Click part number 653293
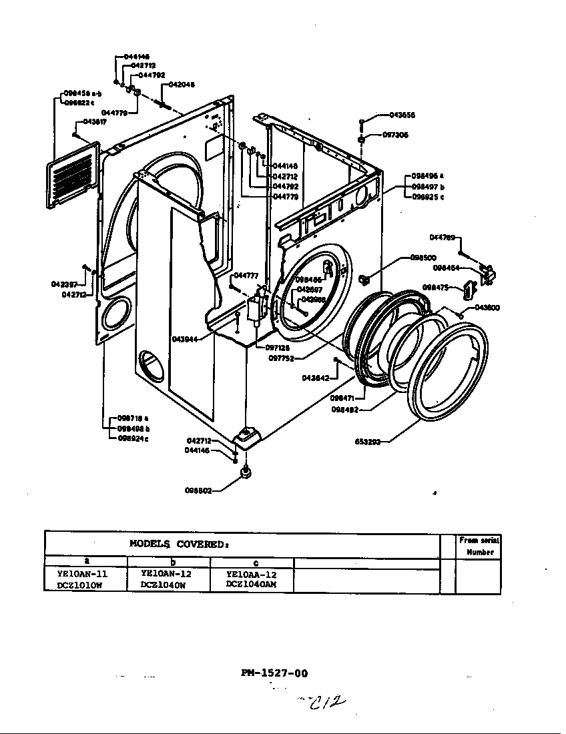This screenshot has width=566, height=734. point(367,442)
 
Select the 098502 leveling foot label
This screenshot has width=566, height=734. point(198,490)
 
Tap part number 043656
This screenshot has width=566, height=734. point(402,115)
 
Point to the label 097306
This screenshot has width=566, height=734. point(395,135)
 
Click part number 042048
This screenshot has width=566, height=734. point(182,85)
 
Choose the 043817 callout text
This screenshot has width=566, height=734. point(95,122)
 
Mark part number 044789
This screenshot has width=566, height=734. point(442,237)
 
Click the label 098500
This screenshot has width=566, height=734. point(422,258)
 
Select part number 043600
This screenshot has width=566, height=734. point(487,308)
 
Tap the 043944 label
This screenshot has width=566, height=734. point(184,339)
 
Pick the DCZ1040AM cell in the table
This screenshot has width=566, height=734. point(251,584)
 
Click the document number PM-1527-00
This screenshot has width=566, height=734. point(274,673)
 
